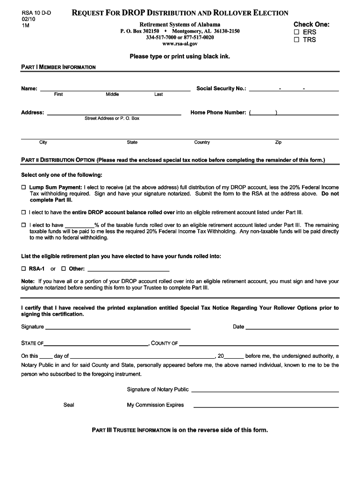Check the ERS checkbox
(296, 32)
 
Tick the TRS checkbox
(296, 40)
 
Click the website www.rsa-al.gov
(180, 44)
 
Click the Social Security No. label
(221, 88)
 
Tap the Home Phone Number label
(218, 113)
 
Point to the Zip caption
(278, 142)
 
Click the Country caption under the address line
(202, 142)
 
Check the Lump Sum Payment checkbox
(24, 188)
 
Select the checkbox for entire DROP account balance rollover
(24, 212)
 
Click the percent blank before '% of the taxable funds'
(79, 225)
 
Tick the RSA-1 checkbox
(24, 269)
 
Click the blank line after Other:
(128, 269)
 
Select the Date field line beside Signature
(292, 327)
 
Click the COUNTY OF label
(165, 343)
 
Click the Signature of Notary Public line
(265, 390)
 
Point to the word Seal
(69, 405)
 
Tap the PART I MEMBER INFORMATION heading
(58, 67)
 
